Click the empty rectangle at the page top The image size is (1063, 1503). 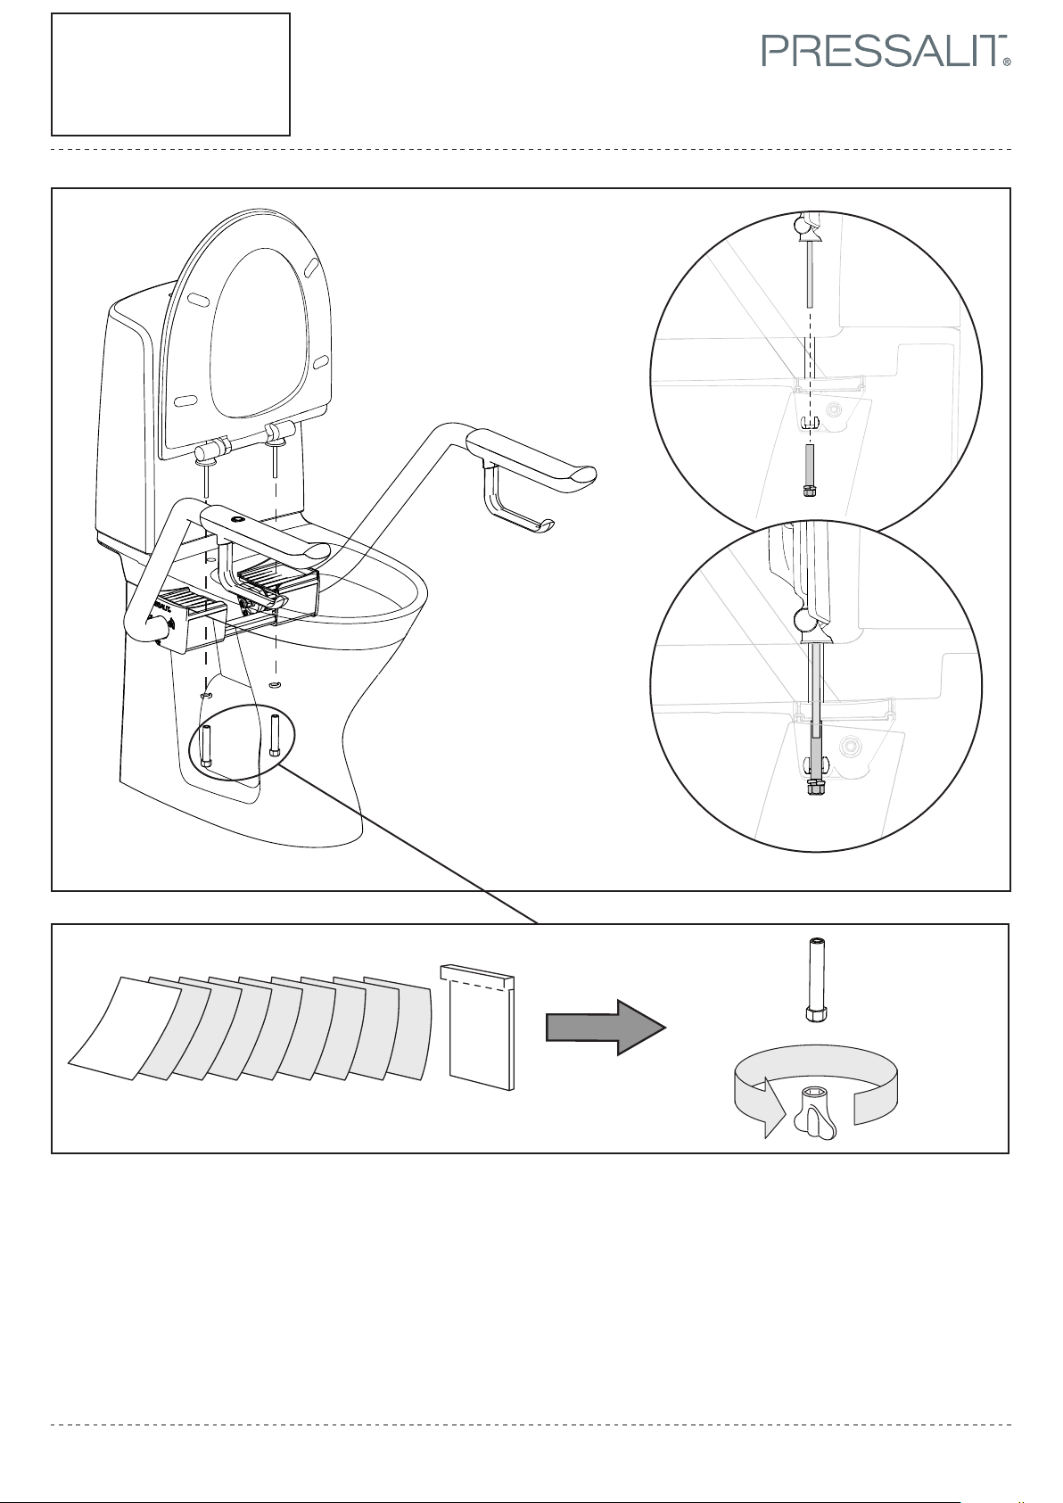(x=170, y=74)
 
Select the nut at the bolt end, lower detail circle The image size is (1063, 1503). (x=813, y=789)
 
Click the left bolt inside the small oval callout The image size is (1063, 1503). (x=206, y=745)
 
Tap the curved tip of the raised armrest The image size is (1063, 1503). (x=580, y=476)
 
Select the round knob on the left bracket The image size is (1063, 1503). (x=160, y=639)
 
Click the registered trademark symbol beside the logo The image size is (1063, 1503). (x=1006, y=63)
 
